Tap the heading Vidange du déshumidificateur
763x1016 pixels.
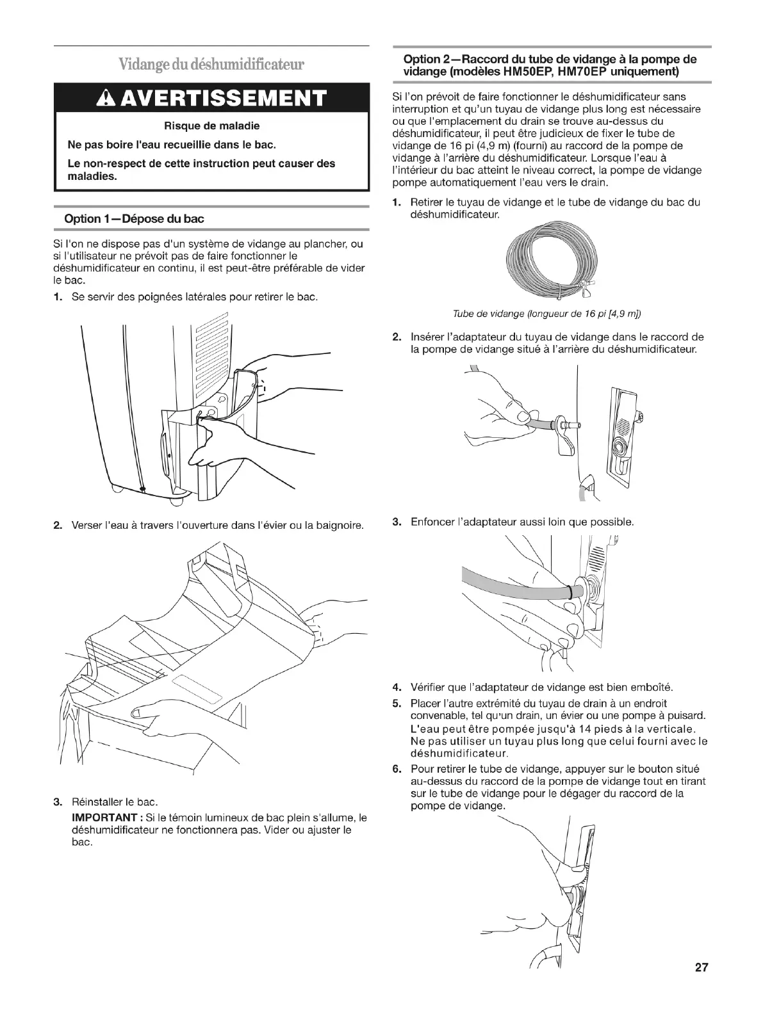click(x=211, y=65)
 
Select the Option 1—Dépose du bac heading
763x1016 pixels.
click(x=134, y=219)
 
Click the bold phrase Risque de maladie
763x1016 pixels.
click(x=211, y=125)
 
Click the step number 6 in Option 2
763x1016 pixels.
click(x=397, y=769)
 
